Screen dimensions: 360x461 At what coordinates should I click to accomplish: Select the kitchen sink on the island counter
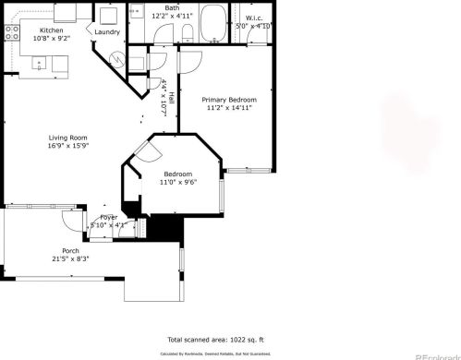coord(40,63)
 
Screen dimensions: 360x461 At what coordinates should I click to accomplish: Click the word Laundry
coord(107,31)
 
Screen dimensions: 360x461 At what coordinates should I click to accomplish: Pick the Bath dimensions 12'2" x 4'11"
coord(172,16)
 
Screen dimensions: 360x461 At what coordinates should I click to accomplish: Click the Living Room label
coord(67,138)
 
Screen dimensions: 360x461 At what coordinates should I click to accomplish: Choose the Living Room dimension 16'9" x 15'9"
coord(67,147)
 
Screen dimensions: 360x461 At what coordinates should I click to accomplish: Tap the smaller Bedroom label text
coord(178,174)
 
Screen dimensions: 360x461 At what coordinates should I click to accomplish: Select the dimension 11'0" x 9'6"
coord(178,183)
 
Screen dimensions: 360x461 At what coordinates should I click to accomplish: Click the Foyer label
coord(109,217)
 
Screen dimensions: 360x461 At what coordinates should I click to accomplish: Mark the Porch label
coord(70,251)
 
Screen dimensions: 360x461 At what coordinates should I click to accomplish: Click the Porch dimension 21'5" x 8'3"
coord(70,259)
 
